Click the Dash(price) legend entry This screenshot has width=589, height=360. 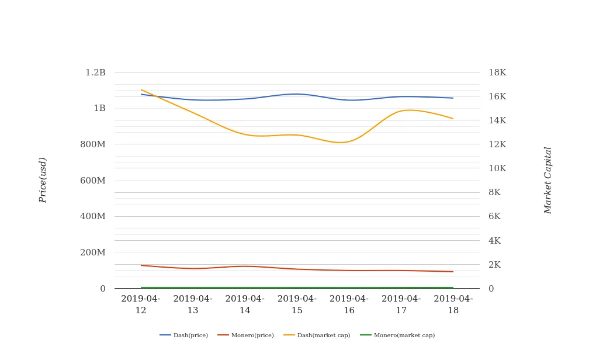[183, 335]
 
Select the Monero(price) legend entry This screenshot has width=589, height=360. [245, 335]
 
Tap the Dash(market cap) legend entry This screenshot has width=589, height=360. [317, 335]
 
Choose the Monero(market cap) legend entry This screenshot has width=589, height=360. [397, 335]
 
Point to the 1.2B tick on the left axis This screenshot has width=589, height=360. [95, 72]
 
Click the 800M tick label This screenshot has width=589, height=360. [92, 144]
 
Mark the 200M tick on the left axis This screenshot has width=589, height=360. [92, 252]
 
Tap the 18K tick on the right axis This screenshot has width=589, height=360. [497, 72]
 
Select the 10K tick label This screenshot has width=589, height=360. [497, 168]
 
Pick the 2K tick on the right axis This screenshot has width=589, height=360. [495, 265]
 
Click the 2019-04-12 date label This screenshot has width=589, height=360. [141, 304]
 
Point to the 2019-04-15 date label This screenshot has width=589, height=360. [297, 304]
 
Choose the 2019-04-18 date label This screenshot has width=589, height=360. [453, 304]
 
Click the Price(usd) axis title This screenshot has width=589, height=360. [43, 180]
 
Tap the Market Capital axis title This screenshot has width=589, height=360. [548, 180]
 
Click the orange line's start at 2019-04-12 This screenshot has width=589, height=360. [141, 90]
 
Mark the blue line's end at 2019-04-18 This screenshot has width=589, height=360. [453, 98]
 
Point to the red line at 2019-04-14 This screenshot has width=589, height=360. [245, 266]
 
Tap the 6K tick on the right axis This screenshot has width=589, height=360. [495, 216]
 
